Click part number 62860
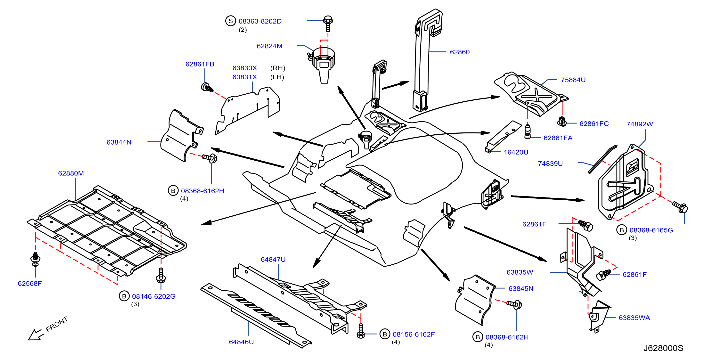460,52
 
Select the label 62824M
269,46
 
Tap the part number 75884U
573,80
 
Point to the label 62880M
71,173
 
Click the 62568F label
30,283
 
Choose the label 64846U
241,342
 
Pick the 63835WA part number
634,318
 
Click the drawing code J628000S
663,348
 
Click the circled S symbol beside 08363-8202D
230,21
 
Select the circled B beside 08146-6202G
124,296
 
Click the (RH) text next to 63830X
277,68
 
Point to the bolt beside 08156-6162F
361,331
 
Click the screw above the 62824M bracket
328,24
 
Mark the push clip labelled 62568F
35,259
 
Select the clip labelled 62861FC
562,122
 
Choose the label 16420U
516,152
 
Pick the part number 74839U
550,164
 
